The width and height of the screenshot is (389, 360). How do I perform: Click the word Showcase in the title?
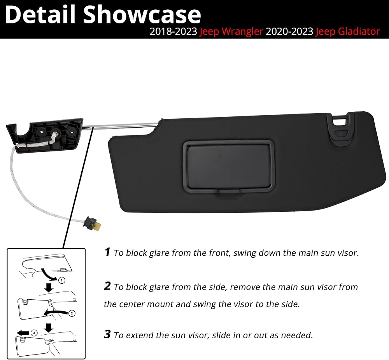tap(142, 15)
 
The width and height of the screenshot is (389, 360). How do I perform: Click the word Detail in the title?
tap(40, 14)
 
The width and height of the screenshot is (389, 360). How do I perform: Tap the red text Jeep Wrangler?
tap(231, 32)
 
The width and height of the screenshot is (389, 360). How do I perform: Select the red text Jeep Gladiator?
tap(347, 32)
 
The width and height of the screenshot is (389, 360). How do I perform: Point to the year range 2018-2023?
tap(173, 32)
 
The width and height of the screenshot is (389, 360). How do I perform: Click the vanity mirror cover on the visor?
tap(229, 167)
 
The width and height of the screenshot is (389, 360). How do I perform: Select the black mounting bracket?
tap(45, 135)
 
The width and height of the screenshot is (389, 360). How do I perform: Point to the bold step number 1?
tap(107, 252)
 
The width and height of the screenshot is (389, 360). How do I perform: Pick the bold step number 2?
tap(107, 286)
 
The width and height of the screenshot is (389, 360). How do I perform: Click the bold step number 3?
tap(107, 334)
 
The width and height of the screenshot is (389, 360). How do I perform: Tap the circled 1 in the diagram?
tap(61, 280)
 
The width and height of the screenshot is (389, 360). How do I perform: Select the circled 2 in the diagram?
tap(72, 313)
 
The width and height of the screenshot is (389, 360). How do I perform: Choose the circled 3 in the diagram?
tap(34, 333)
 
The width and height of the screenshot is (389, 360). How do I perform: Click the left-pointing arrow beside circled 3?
tap(23, 333)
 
